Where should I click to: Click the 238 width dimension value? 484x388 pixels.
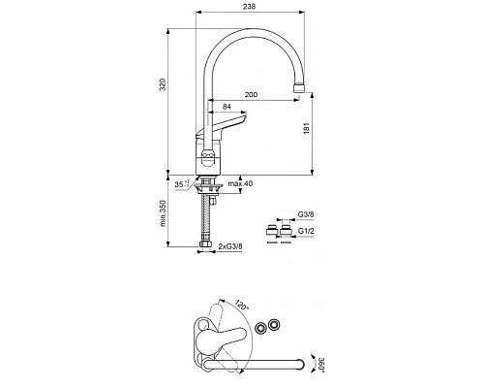pyautogui.click(x=249, y=6)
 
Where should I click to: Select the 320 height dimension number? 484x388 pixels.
pyautogui.click(x=163, y=84)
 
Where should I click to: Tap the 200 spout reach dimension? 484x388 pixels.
pyautogui.click(x=251, y=94)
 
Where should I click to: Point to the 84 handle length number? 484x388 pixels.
pyautogui.click(x=227, y=107)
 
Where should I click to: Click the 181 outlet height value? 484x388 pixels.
pyautogui.click(x=307, y=128)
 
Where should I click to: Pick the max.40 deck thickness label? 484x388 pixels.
pyautogui.click(x=240, y=183)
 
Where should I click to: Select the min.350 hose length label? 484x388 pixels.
pyautogui.click(x=163, y=213)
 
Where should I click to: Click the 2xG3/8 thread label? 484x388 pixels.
pyautogui.click(x=230, y=246)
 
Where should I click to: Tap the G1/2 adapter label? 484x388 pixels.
pyautogui.click(x=306, y=231)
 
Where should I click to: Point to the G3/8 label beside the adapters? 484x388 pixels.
pyautogui.click(x=306, y=214)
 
